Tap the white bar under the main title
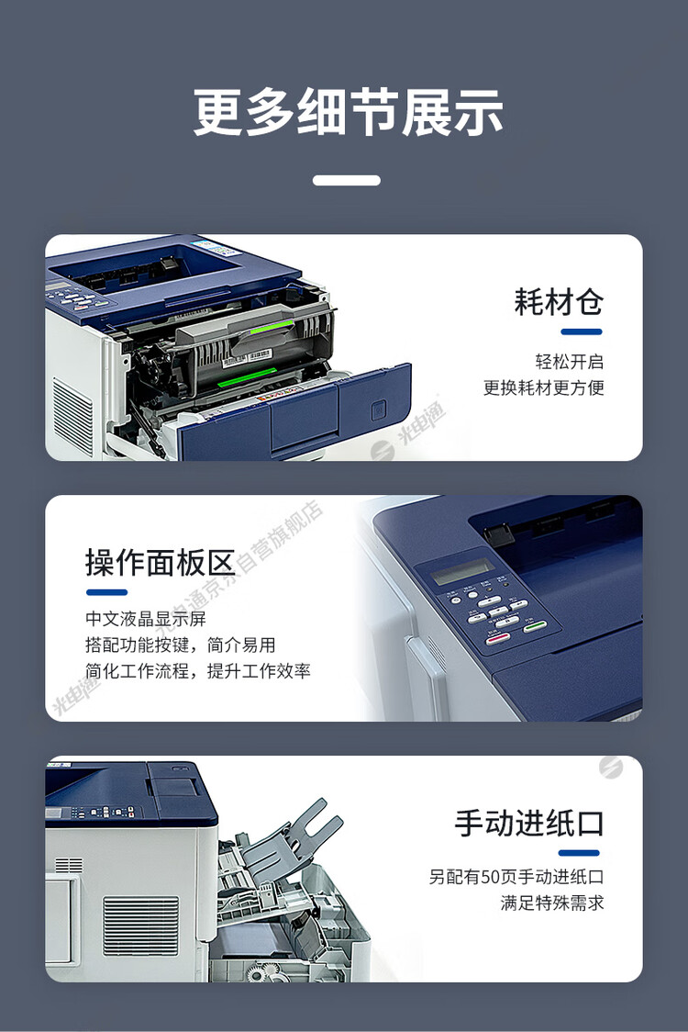click(346, 181)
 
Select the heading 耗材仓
click(558, 301)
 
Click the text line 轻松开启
click(569, 362)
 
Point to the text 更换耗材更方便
click(543, 387)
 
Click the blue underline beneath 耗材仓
click(580, 331)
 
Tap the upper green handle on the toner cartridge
click(270, 325)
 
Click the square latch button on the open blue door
click(378, 409)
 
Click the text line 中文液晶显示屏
click(146, 618)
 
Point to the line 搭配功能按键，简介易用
click(180, 645)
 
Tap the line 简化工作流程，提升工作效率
click(197, 671)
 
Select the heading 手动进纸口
click(529, 823)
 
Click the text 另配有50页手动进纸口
click(516, 877)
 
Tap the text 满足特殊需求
click(551, 903)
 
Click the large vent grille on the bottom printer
click(140, 925)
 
